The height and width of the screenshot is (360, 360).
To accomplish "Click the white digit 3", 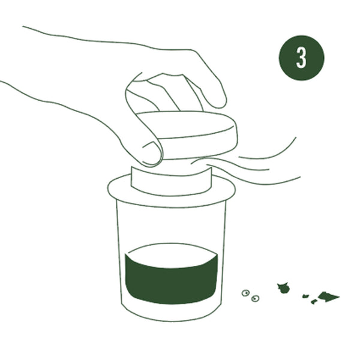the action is tap(301, 58).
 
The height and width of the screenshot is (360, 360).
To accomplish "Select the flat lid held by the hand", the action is tap(187, 136).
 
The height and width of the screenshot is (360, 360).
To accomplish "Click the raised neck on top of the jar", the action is tap(171, 181).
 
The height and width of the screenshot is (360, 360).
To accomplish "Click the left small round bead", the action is tap(245, 293).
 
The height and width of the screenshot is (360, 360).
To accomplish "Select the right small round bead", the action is tap(255, 298).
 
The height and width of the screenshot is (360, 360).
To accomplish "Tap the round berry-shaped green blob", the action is tap(284, 288).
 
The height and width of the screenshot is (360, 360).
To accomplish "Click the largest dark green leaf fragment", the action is tap(327, 296).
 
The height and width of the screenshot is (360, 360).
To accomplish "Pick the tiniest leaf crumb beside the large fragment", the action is tap(314, 301).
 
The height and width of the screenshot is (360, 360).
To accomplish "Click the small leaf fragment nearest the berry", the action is tap(305, 296).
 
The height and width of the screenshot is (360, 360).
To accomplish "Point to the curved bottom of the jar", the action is tap(171, 318).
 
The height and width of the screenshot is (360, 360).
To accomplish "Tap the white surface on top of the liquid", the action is tap(171, 256).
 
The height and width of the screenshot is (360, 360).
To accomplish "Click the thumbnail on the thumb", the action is tap(152, 154).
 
